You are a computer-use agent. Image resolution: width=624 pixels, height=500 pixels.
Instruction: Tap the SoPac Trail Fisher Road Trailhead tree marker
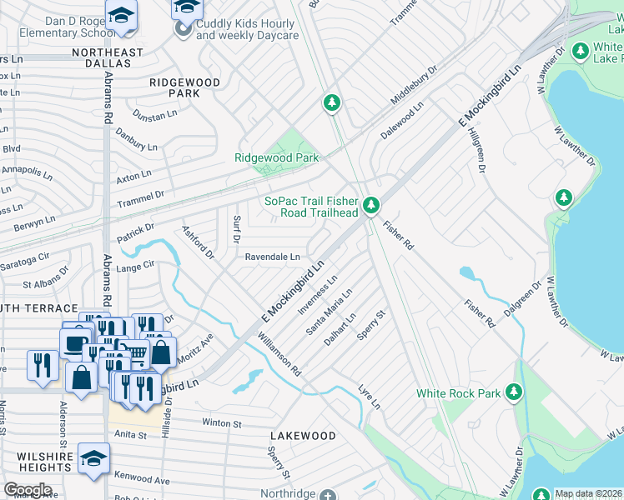pos(371,204)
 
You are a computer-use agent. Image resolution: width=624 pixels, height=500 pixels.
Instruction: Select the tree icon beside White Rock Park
pos(513,391)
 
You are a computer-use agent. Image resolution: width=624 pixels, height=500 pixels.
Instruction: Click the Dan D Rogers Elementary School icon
pos(121,17)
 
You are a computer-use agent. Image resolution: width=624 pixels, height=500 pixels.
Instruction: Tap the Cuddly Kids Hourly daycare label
pos(247,30)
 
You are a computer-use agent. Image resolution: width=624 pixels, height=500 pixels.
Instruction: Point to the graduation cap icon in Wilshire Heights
pos(93,458)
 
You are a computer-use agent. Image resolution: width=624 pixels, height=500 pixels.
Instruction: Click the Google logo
pos(28,489)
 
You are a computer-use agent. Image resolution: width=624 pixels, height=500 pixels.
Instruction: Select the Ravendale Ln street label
pos(272,257)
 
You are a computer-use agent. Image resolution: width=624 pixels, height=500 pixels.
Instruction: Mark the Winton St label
pos(221,422)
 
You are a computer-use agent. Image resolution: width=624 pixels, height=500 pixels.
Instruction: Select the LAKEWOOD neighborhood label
pos(303,436)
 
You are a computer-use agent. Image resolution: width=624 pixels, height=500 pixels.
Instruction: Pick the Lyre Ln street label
pos(369,396)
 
